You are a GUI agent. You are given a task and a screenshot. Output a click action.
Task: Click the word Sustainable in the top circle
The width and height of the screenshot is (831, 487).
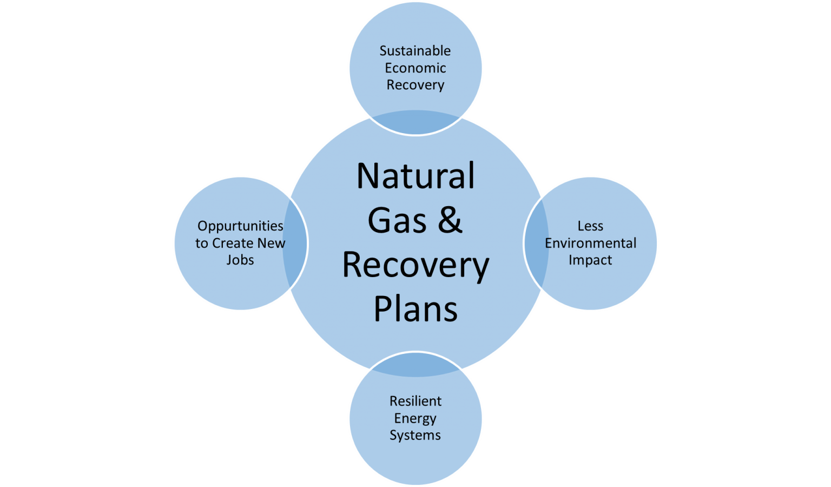pos(415,51)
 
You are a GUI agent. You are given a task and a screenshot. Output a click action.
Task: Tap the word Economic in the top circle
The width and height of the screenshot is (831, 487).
pos(415,68)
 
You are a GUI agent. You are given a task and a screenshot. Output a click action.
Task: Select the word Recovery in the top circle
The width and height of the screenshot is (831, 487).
pos(415,85)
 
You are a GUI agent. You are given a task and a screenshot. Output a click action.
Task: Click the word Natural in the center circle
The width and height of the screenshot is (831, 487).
pos(415,176)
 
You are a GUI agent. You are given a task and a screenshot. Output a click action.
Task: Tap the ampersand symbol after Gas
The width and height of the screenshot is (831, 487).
pos(450,221)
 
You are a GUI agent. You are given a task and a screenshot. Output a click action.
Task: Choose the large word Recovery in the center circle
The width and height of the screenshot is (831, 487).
pos(415,266)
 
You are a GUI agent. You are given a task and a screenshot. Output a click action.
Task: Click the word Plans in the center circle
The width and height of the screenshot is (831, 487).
pos(415,310)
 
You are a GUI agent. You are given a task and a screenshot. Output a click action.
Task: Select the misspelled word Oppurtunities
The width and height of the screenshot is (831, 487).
pos(240,226)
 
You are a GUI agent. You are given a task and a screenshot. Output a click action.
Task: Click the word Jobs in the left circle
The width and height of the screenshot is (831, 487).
pos(240,260)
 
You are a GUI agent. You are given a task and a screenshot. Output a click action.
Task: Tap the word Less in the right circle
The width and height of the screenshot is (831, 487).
pos(590,226)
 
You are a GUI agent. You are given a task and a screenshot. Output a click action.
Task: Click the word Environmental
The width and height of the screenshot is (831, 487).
pos(590,243)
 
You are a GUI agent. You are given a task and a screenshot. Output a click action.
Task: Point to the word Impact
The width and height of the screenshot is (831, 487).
pos(590,260)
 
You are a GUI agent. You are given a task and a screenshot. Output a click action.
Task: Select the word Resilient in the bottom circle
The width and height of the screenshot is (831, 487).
pos(415,402)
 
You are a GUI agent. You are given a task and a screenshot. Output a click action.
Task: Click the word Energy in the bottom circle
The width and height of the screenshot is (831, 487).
pos(415,419)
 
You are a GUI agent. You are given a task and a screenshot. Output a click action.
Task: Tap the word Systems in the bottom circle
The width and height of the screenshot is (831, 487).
pos(415,436)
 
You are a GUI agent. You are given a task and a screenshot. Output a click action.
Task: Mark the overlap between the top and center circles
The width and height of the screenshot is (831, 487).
pos(415,122)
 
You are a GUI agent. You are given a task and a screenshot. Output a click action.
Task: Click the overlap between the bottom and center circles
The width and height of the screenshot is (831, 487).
pos(415,365)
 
